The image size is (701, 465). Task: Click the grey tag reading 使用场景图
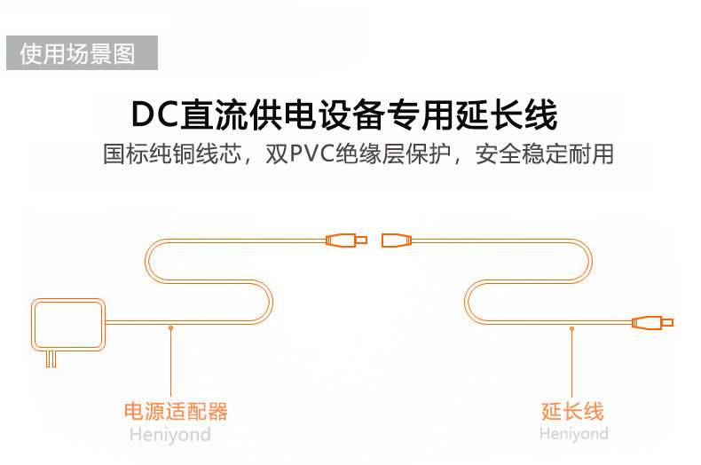[82, 52]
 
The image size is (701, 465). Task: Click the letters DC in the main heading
[154, 114]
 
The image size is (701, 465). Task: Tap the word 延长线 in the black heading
[507, 114]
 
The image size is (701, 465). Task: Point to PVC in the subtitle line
[312, 154]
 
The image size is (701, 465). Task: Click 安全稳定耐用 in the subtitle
[544, 154]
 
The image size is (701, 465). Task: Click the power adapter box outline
[68, 324]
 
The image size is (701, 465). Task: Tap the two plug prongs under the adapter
[51, 359]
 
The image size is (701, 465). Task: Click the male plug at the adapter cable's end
[346, 240]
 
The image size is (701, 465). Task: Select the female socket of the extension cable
[397, 240]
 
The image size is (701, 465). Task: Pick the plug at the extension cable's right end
[652, 322]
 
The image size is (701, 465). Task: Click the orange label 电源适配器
[176, 411]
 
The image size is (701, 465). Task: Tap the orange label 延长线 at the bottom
[572, 411]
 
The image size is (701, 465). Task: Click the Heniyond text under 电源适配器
[170, 434]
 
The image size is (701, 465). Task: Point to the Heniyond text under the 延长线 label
[573, 433]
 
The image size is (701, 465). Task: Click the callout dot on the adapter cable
[170, 327]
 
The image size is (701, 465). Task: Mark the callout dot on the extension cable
[571, 328]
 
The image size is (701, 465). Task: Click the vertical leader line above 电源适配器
[170, 363]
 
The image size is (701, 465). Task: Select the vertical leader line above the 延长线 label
[571, 364]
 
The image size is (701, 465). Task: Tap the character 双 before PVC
[277, 154]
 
